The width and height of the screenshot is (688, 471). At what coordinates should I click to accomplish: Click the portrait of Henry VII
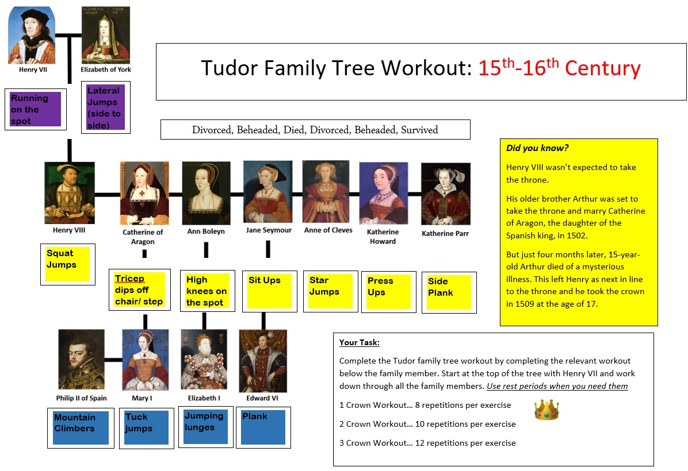32,35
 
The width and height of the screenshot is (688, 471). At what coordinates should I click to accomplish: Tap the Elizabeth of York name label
106,70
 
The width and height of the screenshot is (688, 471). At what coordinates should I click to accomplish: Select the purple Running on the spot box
36,109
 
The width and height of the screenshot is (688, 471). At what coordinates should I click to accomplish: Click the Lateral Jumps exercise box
106,107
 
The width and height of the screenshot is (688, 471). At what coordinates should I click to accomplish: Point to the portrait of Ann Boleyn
206,193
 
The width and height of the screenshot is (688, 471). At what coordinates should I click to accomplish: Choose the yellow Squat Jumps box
68,264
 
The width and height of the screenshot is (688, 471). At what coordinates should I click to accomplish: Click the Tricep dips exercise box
140,289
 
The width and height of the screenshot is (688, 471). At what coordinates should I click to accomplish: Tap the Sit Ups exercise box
270,291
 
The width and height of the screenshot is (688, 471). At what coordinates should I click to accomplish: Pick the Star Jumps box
330,291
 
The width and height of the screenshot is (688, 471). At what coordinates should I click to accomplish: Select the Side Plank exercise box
449,292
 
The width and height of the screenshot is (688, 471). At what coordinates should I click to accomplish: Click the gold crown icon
546,410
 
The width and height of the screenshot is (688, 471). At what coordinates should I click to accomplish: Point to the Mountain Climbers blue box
81,427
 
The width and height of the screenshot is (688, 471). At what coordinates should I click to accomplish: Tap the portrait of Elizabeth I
204,360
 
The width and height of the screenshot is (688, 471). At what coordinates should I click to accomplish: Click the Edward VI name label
262,398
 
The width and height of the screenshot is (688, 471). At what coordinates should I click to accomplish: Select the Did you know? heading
537,148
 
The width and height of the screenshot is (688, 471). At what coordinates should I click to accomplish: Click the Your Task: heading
360,343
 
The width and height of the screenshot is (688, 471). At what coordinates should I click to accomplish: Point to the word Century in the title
602,68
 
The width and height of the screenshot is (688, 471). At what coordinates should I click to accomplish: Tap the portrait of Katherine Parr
445,194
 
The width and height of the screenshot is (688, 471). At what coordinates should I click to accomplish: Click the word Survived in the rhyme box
419,130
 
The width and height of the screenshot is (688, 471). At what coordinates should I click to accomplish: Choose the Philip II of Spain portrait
81,359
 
